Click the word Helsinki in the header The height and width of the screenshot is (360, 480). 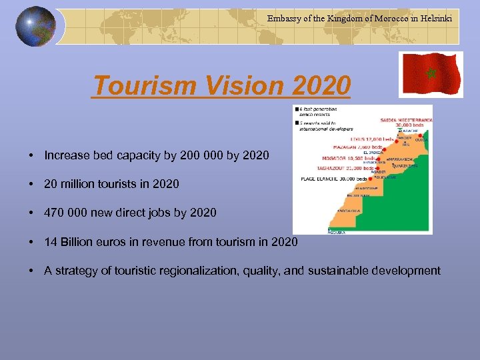pyautogui.click(x=435, y=19)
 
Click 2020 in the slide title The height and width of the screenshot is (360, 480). pyautogui.click(x=321, y=85)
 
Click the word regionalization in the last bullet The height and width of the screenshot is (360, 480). pyautogui.click(x=205, y=270)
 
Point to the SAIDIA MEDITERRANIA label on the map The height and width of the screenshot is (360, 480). pyautogui.click(x=407, y=120)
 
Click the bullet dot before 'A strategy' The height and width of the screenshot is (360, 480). pyautogui.click(x=31, y=270)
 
